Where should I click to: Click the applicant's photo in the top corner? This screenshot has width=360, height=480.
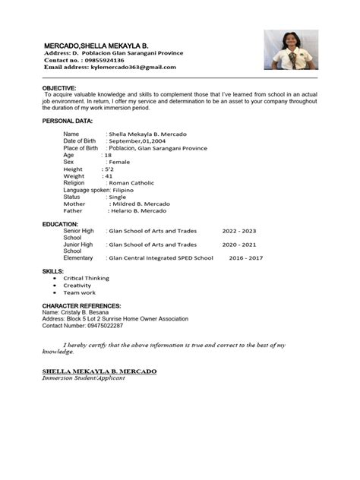tap(290, 49)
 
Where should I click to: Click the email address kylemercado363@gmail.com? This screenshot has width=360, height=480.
tap(132, 67)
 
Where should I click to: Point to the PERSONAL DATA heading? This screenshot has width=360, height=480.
tap(68, 121)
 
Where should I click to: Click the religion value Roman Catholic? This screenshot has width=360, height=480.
tap(131, 183)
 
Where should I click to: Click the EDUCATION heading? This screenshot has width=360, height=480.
tap(60, 224)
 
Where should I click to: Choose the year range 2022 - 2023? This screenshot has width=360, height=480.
tap(239, 231)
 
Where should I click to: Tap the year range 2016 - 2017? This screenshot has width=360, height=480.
tap(245, 258)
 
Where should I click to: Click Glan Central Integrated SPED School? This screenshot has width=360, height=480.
tap(161, 258)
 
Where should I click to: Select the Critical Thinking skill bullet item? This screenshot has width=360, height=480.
tap(87, 278)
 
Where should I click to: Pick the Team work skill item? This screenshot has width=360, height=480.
tap(80, 292)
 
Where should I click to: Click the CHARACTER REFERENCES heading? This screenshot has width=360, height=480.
tap(82, 305)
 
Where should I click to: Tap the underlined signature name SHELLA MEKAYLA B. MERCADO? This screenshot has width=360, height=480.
tap(99, 371)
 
